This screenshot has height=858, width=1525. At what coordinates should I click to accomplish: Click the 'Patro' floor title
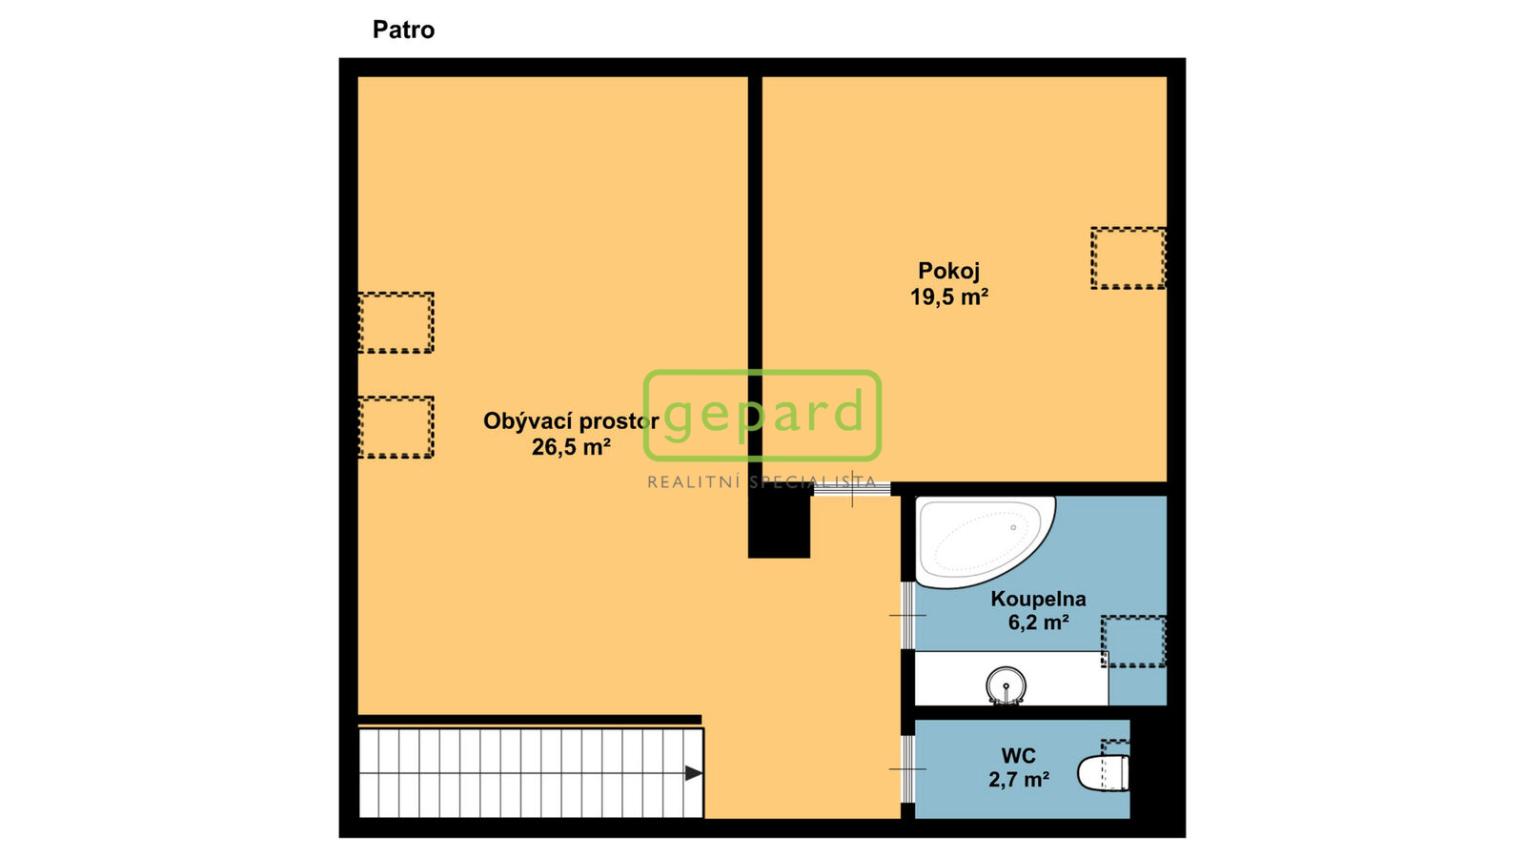403,30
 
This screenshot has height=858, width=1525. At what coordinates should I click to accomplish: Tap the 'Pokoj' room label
949,271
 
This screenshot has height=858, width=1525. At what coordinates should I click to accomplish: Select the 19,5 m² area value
949,296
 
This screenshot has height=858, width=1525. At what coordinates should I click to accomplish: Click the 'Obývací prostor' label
571,421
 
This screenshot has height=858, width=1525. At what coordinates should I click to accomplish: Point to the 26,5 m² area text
571,447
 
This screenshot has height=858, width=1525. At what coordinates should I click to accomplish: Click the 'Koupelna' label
1038,600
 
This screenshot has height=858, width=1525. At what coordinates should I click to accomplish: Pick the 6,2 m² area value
1038,623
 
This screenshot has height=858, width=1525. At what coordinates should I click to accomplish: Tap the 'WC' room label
1019,756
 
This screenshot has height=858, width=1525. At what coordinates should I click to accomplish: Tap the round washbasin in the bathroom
1006,684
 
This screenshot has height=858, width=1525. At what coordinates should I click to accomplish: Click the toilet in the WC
1103,773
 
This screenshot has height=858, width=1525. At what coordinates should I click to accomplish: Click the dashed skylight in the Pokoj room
1128,258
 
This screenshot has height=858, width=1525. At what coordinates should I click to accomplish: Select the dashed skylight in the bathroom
1133,642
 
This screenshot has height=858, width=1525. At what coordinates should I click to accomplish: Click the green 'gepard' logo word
763,414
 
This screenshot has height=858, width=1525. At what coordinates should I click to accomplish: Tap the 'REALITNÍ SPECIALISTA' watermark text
762,482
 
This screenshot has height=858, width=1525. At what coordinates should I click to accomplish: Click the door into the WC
907,769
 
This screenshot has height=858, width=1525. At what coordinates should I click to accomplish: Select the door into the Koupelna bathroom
907,616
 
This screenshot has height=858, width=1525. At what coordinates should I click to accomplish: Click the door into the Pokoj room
852,488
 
